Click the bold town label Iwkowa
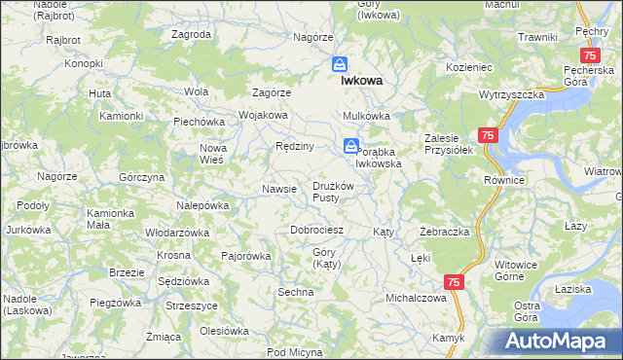point(360,83)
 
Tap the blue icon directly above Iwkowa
point(339,64)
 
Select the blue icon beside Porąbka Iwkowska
point(348,146)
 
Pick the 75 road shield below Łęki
point(454,281)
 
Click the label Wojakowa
point(263,115)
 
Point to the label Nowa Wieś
point(212,154)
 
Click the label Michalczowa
point(416,298)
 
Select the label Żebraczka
point(445,233)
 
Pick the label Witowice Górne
point(517,270)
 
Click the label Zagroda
point(191,34)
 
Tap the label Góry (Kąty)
point(324,259)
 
